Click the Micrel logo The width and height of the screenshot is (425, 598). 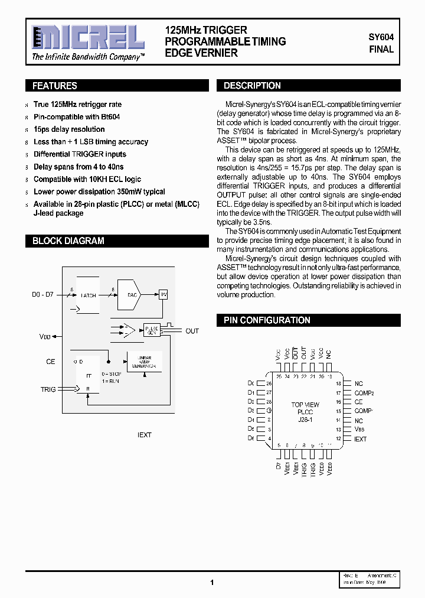click(87, 38)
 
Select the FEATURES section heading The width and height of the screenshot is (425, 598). click(54, 86)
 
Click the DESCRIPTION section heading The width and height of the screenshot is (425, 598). click(252, 86)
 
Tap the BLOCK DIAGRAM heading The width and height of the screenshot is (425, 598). click(68, 241)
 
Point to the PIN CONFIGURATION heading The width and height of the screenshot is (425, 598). click(267, 320)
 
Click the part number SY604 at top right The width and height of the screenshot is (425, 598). click(381, 37)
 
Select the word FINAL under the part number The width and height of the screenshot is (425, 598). click(381, 50)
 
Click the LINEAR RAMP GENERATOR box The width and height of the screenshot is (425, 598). click(144, 362)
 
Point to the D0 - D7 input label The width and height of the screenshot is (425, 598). click(42, 294)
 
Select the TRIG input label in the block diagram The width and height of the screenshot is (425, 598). click(48, 389)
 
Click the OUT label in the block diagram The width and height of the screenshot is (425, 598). click(192, 331)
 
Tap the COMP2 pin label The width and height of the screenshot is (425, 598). click(364, 393)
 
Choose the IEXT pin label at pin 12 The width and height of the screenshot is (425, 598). click(360, 439)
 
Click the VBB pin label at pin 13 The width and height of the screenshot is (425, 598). click(359, 430)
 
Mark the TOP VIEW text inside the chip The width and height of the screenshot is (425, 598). click(305, 405)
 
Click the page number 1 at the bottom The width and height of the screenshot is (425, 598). click(211, 582)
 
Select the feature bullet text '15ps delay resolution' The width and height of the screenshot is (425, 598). click(69, 129)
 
